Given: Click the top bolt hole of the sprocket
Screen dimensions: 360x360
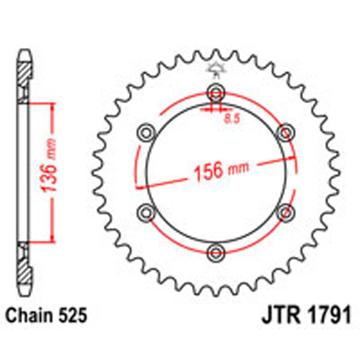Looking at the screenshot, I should coord(215,92).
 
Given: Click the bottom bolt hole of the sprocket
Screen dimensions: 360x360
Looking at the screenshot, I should coord(215,250).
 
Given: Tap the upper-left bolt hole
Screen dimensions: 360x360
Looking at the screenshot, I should coord(146,131).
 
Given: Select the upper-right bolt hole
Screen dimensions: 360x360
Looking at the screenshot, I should coord(286,131).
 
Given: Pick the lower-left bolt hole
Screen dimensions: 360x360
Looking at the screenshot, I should coord(146,211).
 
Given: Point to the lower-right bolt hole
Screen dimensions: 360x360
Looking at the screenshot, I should coord(286,211).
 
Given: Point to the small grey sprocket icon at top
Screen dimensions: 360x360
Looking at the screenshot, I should coord(214,70).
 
